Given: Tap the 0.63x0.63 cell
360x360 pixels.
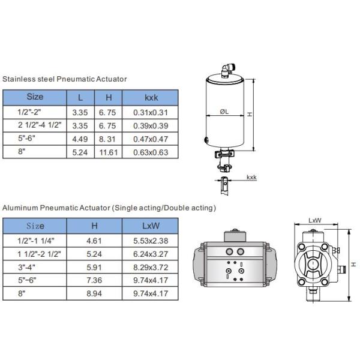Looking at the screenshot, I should pyautogui.click(x=150, y=152).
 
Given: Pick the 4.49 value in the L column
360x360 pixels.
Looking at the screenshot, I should pyautogui.click(x=80, y=139).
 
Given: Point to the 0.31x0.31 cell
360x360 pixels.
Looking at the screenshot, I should pyautogui.click(x=150, y=112).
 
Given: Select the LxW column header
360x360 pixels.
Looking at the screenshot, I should pyautogui.click(x=150, y=226).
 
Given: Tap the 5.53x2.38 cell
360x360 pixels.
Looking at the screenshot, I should pyautogui.click(x=150, y=240).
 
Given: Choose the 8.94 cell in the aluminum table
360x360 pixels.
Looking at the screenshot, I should pyautogui.click(x=94, y=294).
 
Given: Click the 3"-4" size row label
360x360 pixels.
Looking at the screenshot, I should pyautogui.click(x=35, y=267).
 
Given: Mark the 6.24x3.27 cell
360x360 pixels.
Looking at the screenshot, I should pyautogui.click(x=150, y=253).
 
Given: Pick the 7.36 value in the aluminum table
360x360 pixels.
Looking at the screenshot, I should pyautogui.click(x=94, y=280).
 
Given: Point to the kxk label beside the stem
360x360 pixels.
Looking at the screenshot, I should pyautogui.click(x=251, y=178).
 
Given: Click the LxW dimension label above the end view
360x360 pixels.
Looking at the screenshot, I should pyautogui.click(x=314, y=220).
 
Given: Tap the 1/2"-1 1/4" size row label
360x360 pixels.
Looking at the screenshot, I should pyautogui.click(x=35, y=240).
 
